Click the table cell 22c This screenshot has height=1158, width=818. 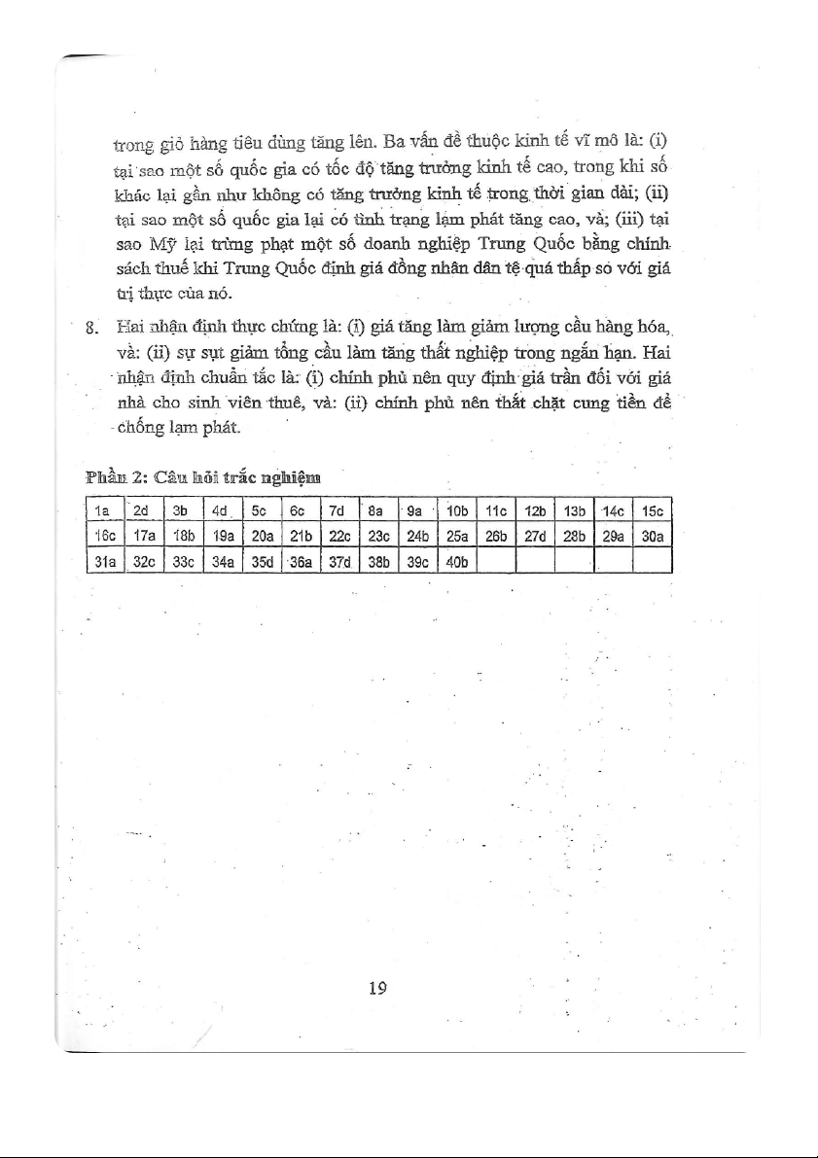point(337,536)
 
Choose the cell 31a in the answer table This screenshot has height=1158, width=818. point(101,562)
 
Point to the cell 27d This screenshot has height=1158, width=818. point(537,536)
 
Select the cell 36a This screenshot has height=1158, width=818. point(297,562)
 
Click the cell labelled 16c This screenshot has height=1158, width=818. point(101,536)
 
